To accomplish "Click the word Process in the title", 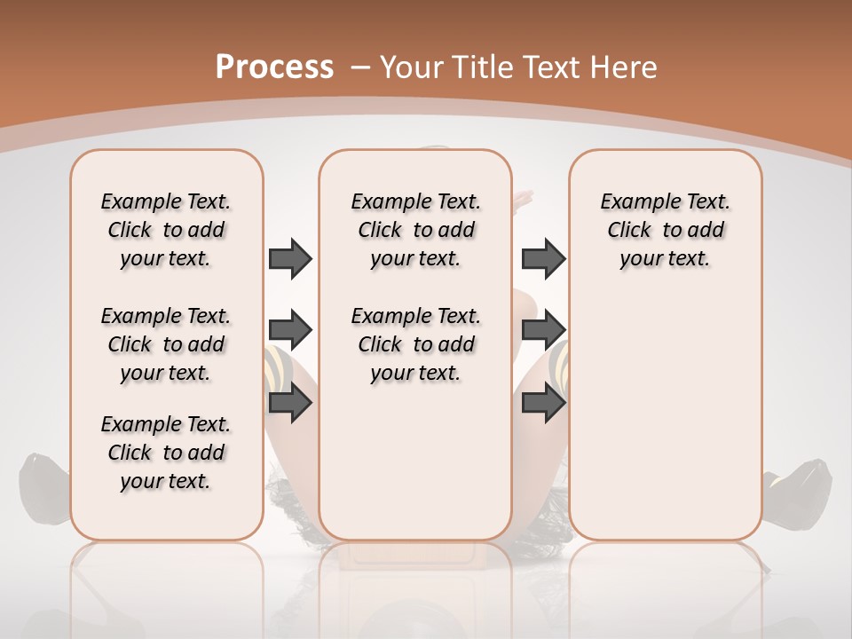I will pos(274,67).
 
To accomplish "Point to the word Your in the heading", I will pos(413,67).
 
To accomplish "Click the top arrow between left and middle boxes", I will pos(290,258).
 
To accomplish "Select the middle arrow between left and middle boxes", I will pos(290,331).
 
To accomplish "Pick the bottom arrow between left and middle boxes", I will pos(290,404).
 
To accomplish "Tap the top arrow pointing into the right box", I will pos(543,258).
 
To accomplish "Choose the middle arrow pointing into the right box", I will pos(543,331).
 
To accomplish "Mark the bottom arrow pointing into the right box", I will pos(543,404).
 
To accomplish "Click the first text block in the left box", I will pos(166,230).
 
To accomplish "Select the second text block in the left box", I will pos(166,344).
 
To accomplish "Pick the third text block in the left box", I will pos(166,453).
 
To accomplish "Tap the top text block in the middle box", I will pos(415,230).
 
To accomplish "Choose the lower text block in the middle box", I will pos(415,344).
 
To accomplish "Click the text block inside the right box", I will pos(665,230).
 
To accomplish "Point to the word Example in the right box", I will pos(633,201).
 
